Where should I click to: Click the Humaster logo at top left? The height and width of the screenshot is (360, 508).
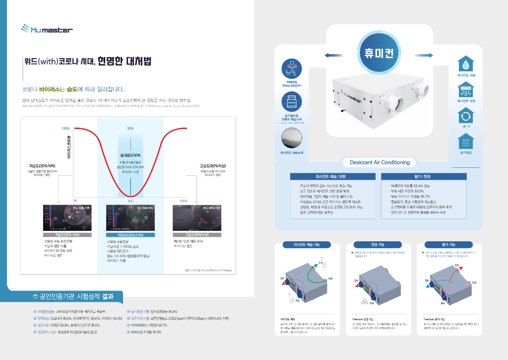coord(47,30)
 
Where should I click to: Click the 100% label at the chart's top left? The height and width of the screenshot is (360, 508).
coord(65,128)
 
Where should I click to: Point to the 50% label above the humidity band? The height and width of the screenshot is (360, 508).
coord(130,128)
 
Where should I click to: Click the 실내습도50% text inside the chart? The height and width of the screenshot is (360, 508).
coord(130,155)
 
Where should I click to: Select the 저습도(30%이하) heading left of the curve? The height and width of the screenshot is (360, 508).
coord(41,166)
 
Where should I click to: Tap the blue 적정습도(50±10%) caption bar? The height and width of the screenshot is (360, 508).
coord(130,234)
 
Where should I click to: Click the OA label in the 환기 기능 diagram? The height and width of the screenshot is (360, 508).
coord(474,282)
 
